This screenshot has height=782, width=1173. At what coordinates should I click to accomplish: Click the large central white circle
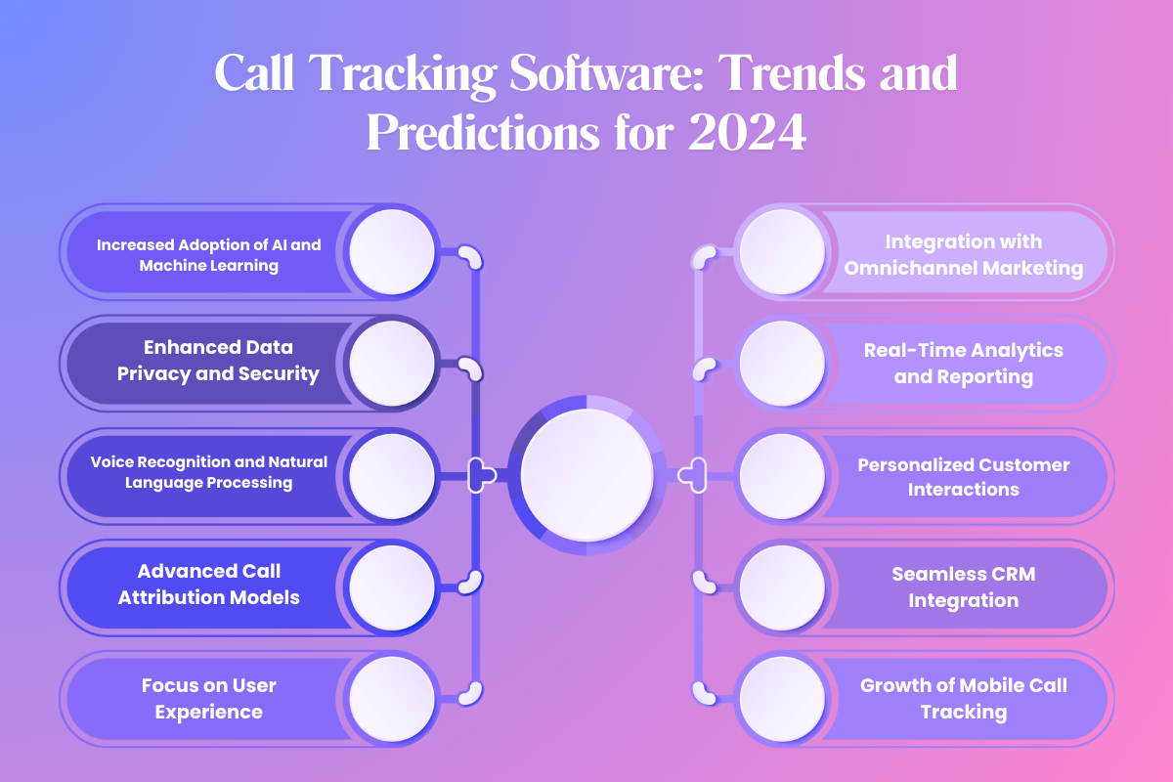586,475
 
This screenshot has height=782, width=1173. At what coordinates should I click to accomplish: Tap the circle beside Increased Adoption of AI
392,252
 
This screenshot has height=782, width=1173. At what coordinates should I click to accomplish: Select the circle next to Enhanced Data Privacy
392,363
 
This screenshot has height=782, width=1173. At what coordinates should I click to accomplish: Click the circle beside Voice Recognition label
392,475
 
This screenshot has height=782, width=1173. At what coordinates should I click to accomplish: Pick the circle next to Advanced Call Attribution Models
392,587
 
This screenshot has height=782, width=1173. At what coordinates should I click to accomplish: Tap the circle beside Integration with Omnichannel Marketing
782,252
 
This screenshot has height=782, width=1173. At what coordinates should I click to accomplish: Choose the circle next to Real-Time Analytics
782,363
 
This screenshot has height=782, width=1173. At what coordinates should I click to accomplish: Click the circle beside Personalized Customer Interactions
782,475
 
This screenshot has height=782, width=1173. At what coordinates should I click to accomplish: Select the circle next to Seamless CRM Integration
782,587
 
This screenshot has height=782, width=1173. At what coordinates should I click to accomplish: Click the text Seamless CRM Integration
963,587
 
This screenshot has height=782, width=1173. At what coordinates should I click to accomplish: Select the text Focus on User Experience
208,698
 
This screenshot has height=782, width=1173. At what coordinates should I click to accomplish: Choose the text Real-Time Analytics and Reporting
963,363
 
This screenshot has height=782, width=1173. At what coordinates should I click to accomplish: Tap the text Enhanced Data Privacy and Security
218,360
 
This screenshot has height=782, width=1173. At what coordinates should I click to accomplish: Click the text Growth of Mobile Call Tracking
963,698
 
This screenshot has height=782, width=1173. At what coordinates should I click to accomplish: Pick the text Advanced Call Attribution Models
208,584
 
